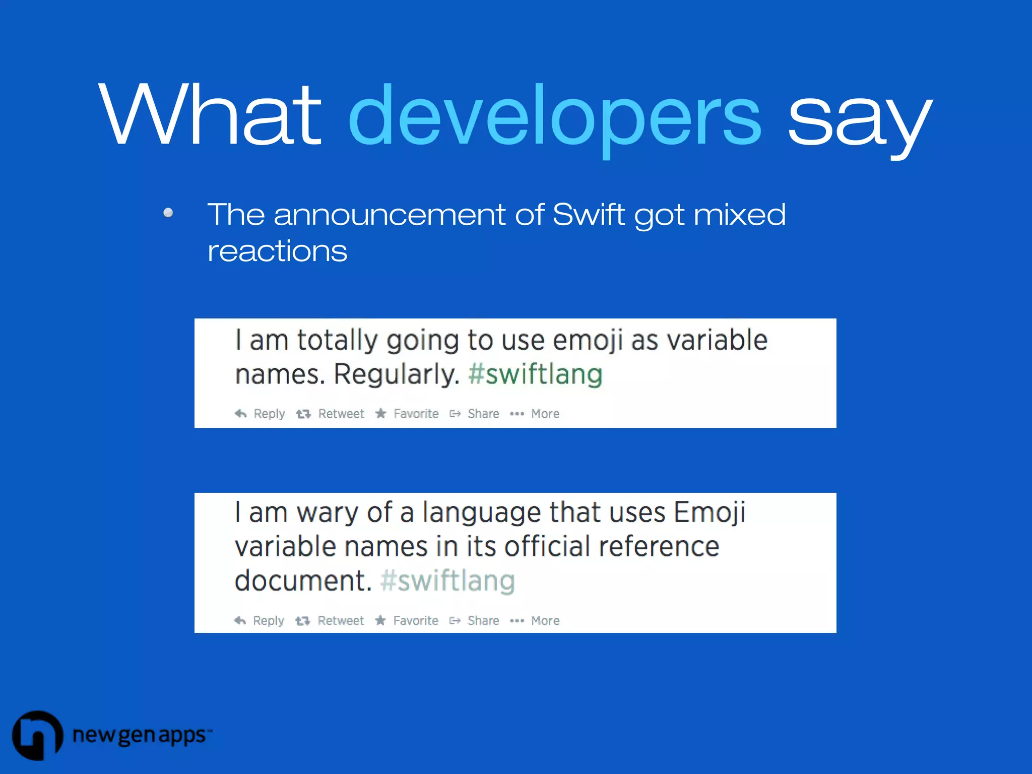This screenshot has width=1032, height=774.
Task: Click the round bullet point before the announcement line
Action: [x=168, y=213]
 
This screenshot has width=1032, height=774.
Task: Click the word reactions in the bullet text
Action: [x=277, y=251]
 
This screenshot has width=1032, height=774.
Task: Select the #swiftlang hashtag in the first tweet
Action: [x=535, y=374]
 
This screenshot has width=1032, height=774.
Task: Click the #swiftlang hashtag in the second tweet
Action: [x=447, y=580]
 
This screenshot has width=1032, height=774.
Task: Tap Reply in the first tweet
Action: [x=269, y=414]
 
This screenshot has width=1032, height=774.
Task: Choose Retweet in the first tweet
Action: [x=341, y=414]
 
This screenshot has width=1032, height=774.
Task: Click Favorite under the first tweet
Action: [x=415, y=414]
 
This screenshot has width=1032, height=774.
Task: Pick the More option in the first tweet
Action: [x=545, y=414]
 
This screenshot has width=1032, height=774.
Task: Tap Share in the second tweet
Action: [x=483, y=620]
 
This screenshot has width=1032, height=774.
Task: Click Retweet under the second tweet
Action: [x=340, y=620]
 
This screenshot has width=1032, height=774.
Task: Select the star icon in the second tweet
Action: [x=380, y=620]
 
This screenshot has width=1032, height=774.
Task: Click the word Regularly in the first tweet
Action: [x=396, y=374]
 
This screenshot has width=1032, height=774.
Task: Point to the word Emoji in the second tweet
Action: [x=709, y=512]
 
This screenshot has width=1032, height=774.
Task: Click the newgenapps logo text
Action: [x=140, y=735]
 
